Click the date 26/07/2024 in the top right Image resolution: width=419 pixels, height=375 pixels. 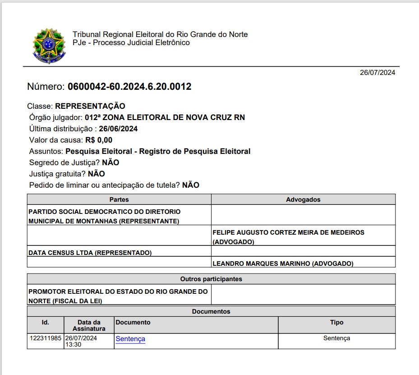click(x=377, y=73)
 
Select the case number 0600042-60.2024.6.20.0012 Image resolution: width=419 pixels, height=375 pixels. click(x=129, y=87)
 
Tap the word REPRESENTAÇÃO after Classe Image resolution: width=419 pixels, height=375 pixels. click(x=90, y=106)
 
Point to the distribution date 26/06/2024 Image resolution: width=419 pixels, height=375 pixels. click(x=118, y=129)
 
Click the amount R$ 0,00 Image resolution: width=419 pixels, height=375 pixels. click(x=99, y=140)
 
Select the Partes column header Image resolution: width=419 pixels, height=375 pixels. click(x=119, y=199)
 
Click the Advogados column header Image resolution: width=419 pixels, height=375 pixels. click(x=303, y=199)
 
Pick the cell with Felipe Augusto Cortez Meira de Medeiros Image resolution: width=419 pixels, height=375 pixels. click(x=288, y=237)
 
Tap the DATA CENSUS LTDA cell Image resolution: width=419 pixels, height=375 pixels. click(x=90, y=253)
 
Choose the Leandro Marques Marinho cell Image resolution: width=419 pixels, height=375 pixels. click(x=283, y=264)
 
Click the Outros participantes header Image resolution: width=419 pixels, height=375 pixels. click(x=211, y=279)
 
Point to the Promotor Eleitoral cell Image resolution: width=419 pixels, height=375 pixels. click(x=118, y=296)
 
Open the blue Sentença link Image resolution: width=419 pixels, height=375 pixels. click(x=130, y=339)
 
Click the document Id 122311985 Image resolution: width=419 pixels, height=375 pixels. click(x=46, y=338)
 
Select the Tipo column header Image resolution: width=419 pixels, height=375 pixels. click(x=336, y=322)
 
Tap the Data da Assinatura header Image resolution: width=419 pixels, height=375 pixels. click(x=89, y=325)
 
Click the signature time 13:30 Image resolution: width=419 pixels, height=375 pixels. click(x=74, y=344)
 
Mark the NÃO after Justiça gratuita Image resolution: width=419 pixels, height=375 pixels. click(x=97, y=174)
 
